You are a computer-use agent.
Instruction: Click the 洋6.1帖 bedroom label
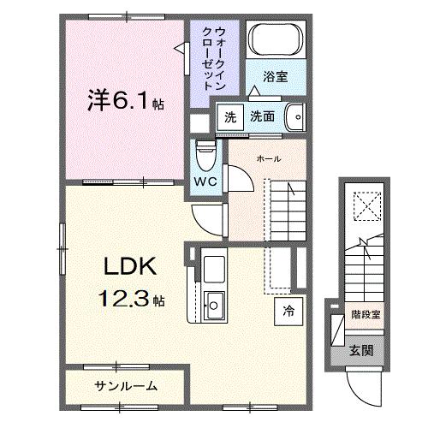(125, 102)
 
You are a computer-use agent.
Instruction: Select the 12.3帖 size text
(132, 300)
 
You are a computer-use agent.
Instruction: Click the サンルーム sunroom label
(126, 386)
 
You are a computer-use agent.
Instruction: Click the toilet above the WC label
(205, 155)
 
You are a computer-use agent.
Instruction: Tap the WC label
(203, 182)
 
